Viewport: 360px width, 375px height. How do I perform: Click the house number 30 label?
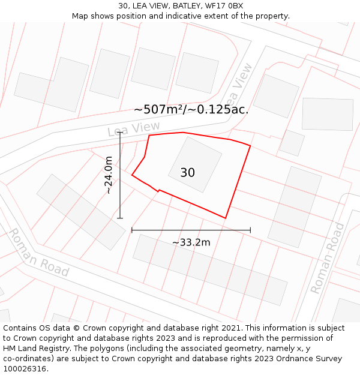(x=187, y=173)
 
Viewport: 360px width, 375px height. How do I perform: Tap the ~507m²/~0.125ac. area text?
(x=191, y=110)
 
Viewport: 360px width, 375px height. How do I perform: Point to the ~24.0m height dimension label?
(x=108, y=175)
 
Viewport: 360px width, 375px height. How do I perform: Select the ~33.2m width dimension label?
(x=191, y=242)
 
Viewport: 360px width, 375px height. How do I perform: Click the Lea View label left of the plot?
(x=134, y=128)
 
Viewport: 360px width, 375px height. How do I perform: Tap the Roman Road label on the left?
(x=38, y=253)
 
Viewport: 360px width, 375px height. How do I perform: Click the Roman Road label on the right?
(x=328, y=258)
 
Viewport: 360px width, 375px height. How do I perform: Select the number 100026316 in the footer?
(x=25, y=369)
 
